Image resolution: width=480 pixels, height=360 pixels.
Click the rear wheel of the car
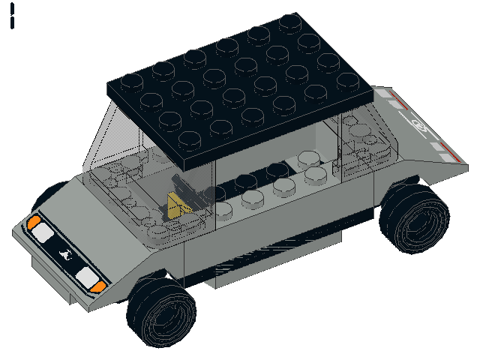pos(413,217)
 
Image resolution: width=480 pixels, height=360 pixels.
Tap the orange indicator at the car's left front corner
pos(34,221)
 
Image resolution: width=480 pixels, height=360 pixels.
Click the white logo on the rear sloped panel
pos(420,126)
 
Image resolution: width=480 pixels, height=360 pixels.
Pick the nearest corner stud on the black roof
pos(190,139)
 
